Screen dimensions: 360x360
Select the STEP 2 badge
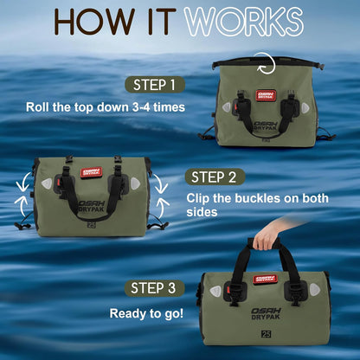tap(214, 177)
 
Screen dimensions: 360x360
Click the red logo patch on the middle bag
tap(91, 172)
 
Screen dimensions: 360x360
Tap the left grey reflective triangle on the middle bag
tap(47, 183)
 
